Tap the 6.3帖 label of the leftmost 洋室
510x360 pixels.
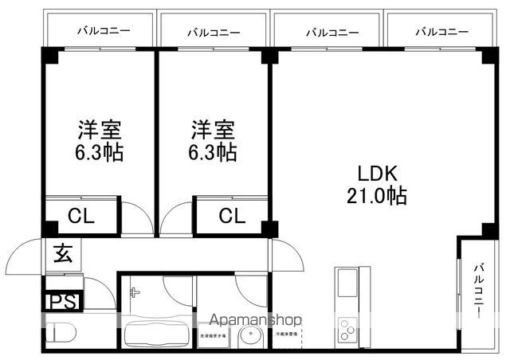(100, 153)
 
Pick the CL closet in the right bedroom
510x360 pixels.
(231, 214)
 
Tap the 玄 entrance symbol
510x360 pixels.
(62, 255)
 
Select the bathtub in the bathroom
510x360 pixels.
(155, 335)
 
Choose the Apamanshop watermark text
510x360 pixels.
(252, 319)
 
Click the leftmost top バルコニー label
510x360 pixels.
(104, 32)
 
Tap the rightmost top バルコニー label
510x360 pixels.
(441, 32)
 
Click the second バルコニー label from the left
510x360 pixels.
(214, 32)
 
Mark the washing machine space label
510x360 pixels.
(213, 335)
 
